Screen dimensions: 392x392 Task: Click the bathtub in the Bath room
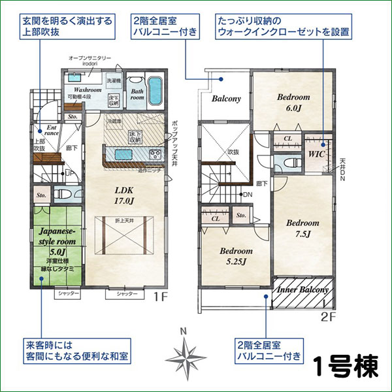(155, 91)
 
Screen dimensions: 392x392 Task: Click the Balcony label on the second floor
(226, 99)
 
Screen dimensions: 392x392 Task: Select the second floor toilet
(284, 163)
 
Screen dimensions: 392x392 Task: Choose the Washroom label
(87, 90)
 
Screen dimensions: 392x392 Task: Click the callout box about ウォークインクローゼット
(283, 25)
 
